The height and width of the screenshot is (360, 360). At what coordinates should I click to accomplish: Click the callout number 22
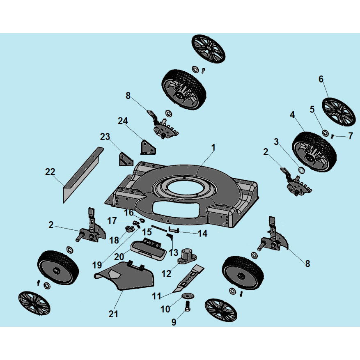click(x=50, y=172)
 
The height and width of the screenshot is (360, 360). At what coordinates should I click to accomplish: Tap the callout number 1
click(x=213, y=147)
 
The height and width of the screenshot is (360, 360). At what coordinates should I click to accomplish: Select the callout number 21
click(x=113, y=314)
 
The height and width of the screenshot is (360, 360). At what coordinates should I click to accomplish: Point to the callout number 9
click(x=174, y=322)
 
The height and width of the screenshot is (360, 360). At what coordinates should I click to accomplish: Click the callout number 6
click(x=321, y=79)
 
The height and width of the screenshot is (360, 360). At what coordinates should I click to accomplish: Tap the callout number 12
click(x=167, y=274)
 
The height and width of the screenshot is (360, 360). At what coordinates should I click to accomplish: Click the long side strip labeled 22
click(x=82, y=174)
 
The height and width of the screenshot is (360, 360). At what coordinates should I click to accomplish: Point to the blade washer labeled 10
click(x=189, y=296)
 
